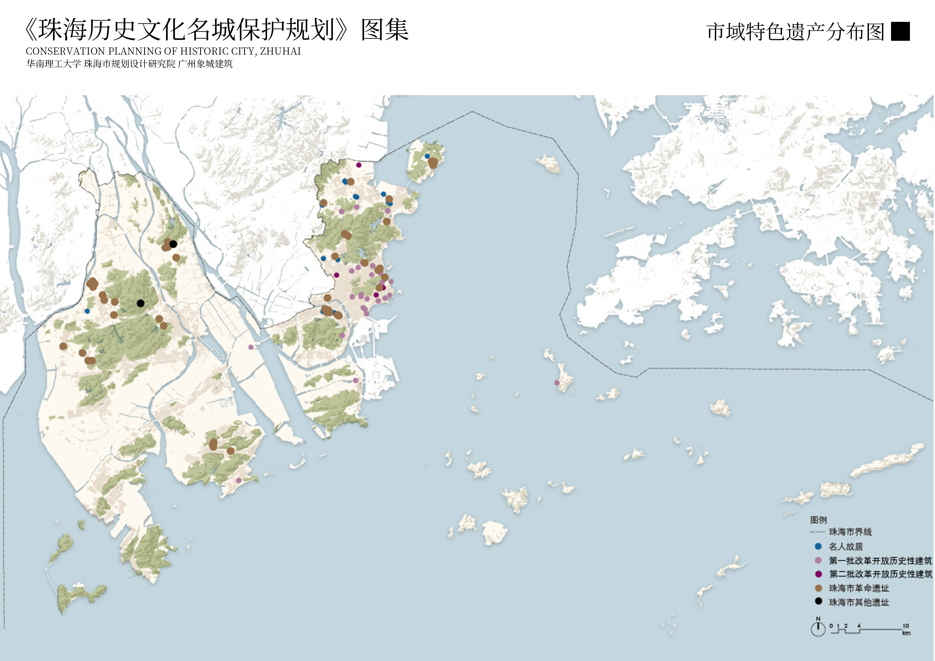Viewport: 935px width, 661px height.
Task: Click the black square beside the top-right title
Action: coord(900,31)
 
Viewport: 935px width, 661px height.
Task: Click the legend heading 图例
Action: coord(818,520)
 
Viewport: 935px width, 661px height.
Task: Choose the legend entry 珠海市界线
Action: coord(850,532)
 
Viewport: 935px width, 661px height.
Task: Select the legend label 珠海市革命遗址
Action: coord(859,588)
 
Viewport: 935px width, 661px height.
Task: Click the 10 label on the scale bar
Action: coord(906,626)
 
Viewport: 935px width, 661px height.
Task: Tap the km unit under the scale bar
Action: coord(906,633)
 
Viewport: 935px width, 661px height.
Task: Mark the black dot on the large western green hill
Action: coord(140,303)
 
